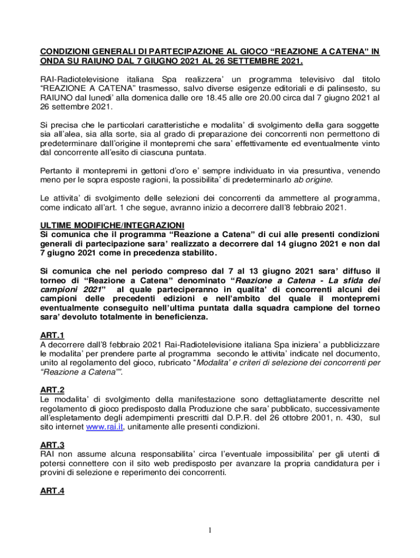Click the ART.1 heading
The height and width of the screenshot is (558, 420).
tap(52, 335)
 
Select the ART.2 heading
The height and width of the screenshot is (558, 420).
tap(52, 390)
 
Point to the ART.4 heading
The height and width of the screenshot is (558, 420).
tap(52, 491)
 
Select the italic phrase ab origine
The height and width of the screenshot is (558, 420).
tap(313, 180)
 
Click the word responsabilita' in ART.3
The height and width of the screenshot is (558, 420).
tap(134, 454)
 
